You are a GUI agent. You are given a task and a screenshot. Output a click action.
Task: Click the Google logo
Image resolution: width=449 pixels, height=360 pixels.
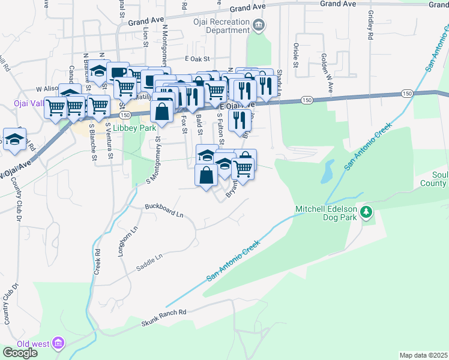[20, 353]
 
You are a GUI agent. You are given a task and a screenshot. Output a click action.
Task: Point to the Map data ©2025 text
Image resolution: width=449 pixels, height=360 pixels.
[423, 355]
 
